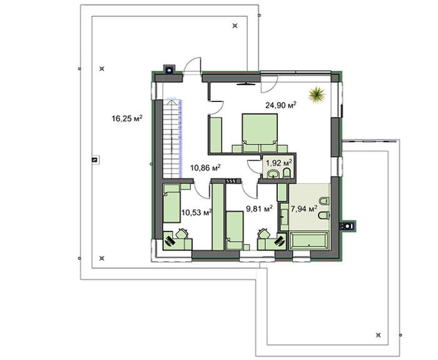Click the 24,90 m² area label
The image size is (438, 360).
coord(282,105)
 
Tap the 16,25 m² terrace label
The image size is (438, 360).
coord(127,117)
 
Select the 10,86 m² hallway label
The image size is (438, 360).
coord(206,168)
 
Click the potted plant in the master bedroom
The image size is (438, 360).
coord(318,94)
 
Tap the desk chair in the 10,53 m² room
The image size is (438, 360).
coord(169,239)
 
